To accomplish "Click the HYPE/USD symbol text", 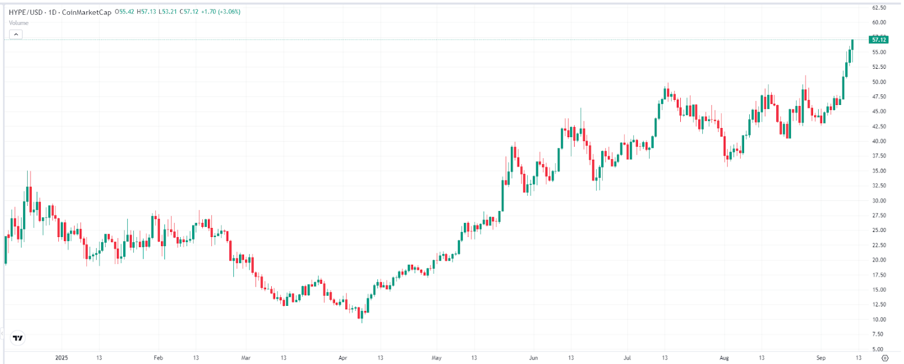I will [26, 12].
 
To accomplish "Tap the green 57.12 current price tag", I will [879, 40].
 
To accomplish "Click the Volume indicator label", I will [19, 23].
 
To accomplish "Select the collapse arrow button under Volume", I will [16, 34].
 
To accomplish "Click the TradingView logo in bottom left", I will [18, 338].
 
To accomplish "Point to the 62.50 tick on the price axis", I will [879, 8].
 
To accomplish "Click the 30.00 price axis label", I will [879, 200].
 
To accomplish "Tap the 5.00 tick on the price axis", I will [877, 349].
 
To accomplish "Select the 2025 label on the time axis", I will [62, 358].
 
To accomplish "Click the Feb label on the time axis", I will [158, 358].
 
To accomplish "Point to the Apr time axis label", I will [342, 358].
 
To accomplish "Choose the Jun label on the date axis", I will [533, 358].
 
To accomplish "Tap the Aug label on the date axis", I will [724, 358].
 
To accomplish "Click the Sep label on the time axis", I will [821, 358].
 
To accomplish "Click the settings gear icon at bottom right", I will [885, 358].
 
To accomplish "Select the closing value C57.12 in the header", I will [189, 12].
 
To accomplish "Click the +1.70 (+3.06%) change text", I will [221, 12].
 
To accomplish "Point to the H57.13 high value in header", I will [146, 12].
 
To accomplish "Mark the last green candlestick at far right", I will [852, 44].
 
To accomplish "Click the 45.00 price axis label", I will [879, 111].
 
